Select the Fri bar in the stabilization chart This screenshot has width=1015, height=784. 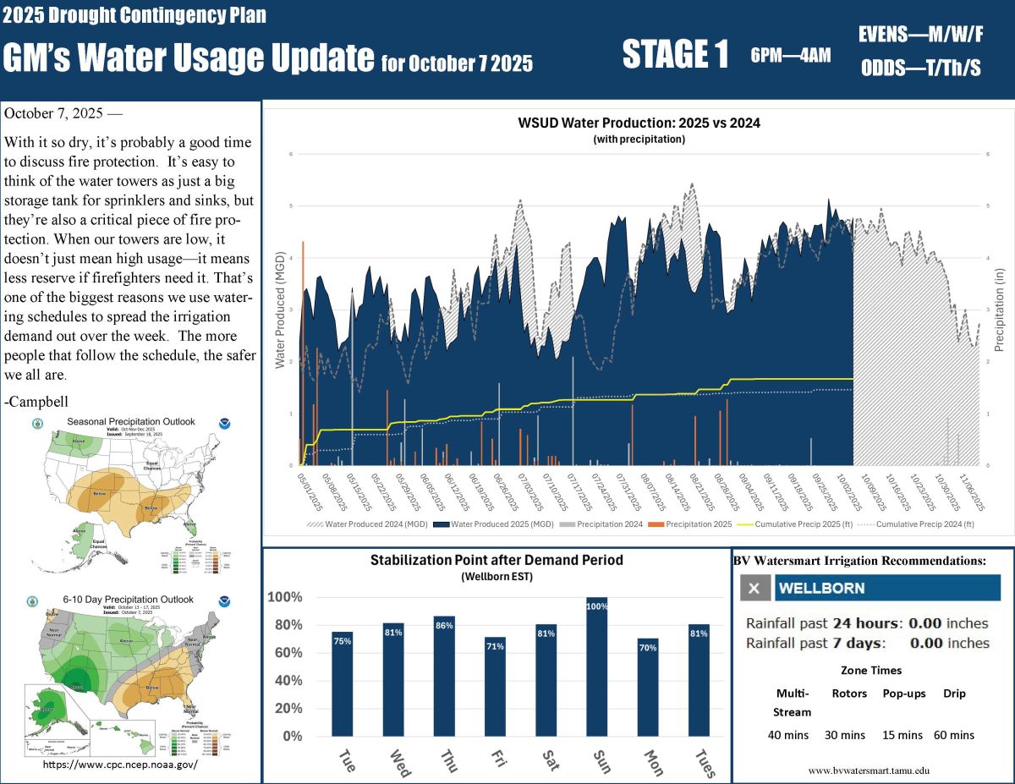495,686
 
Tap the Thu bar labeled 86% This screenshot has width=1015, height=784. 444,676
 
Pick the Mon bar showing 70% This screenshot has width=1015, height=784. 648,687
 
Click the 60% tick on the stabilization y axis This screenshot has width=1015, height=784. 285,653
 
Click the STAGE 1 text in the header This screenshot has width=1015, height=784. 675,55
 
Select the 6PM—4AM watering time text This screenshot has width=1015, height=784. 790,57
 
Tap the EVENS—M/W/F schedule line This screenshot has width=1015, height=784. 920,35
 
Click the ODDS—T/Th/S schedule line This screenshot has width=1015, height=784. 920,69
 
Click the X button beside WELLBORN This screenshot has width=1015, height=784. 755,588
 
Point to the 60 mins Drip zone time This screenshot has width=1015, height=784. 954,735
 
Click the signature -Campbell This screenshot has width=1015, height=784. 36,400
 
